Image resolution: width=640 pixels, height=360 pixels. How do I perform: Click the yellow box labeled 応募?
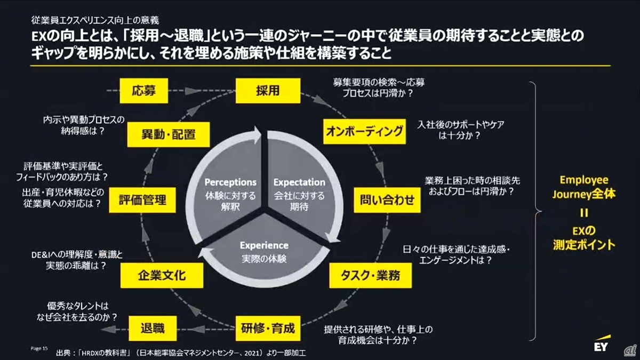pyautogui.click(x=143, y=91)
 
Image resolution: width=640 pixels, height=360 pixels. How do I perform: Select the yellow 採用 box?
pyautogui.click(x=268, y=91)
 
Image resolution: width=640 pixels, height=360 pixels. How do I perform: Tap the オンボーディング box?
pyautogui.click(x=364, y=131)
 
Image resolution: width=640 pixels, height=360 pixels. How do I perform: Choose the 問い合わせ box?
pyautogui.click(x=387, y=200)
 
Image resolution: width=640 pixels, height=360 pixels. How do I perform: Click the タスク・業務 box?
pyautogui.click(x=371, y=275)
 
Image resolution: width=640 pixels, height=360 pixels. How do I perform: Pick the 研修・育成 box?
pyautogui.click(x=268, y=329)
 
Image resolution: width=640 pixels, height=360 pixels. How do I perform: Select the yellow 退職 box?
pyautogui.click(x=153, y=329)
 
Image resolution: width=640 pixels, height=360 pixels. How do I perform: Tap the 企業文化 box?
pyautogui.click(x=162, y=275)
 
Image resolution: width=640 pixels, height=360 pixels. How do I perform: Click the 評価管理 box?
pyautogui.click(x=142, y=200)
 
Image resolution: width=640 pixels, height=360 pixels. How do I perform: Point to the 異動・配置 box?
pyautogui.click(x=169, y=134)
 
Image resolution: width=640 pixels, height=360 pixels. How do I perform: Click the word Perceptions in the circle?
pyautogui.click(x=230, y=182)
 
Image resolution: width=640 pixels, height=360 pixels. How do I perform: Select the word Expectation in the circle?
pyautogui.click(x=299, y=182)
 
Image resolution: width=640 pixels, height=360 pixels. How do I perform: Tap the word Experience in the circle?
pyautogui.click(x=264, y=245)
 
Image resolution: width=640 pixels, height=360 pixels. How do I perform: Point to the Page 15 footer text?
pyautogui.click(x=39, y=348)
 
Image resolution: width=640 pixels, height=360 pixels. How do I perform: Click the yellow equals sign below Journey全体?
pyautogui.click(x=584, y=213)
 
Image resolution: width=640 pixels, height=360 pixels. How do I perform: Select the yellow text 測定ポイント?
pyautogui.click(x=584, y=245)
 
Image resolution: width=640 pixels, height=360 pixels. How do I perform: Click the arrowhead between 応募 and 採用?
pyautogui.click(x=191, y=91)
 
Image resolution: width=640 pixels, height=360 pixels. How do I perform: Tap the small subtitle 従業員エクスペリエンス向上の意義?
pyautogui.click(x=95, y=20)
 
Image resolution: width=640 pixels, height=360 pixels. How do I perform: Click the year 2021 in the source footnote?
pyautogui.click(x=251, y=353)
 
